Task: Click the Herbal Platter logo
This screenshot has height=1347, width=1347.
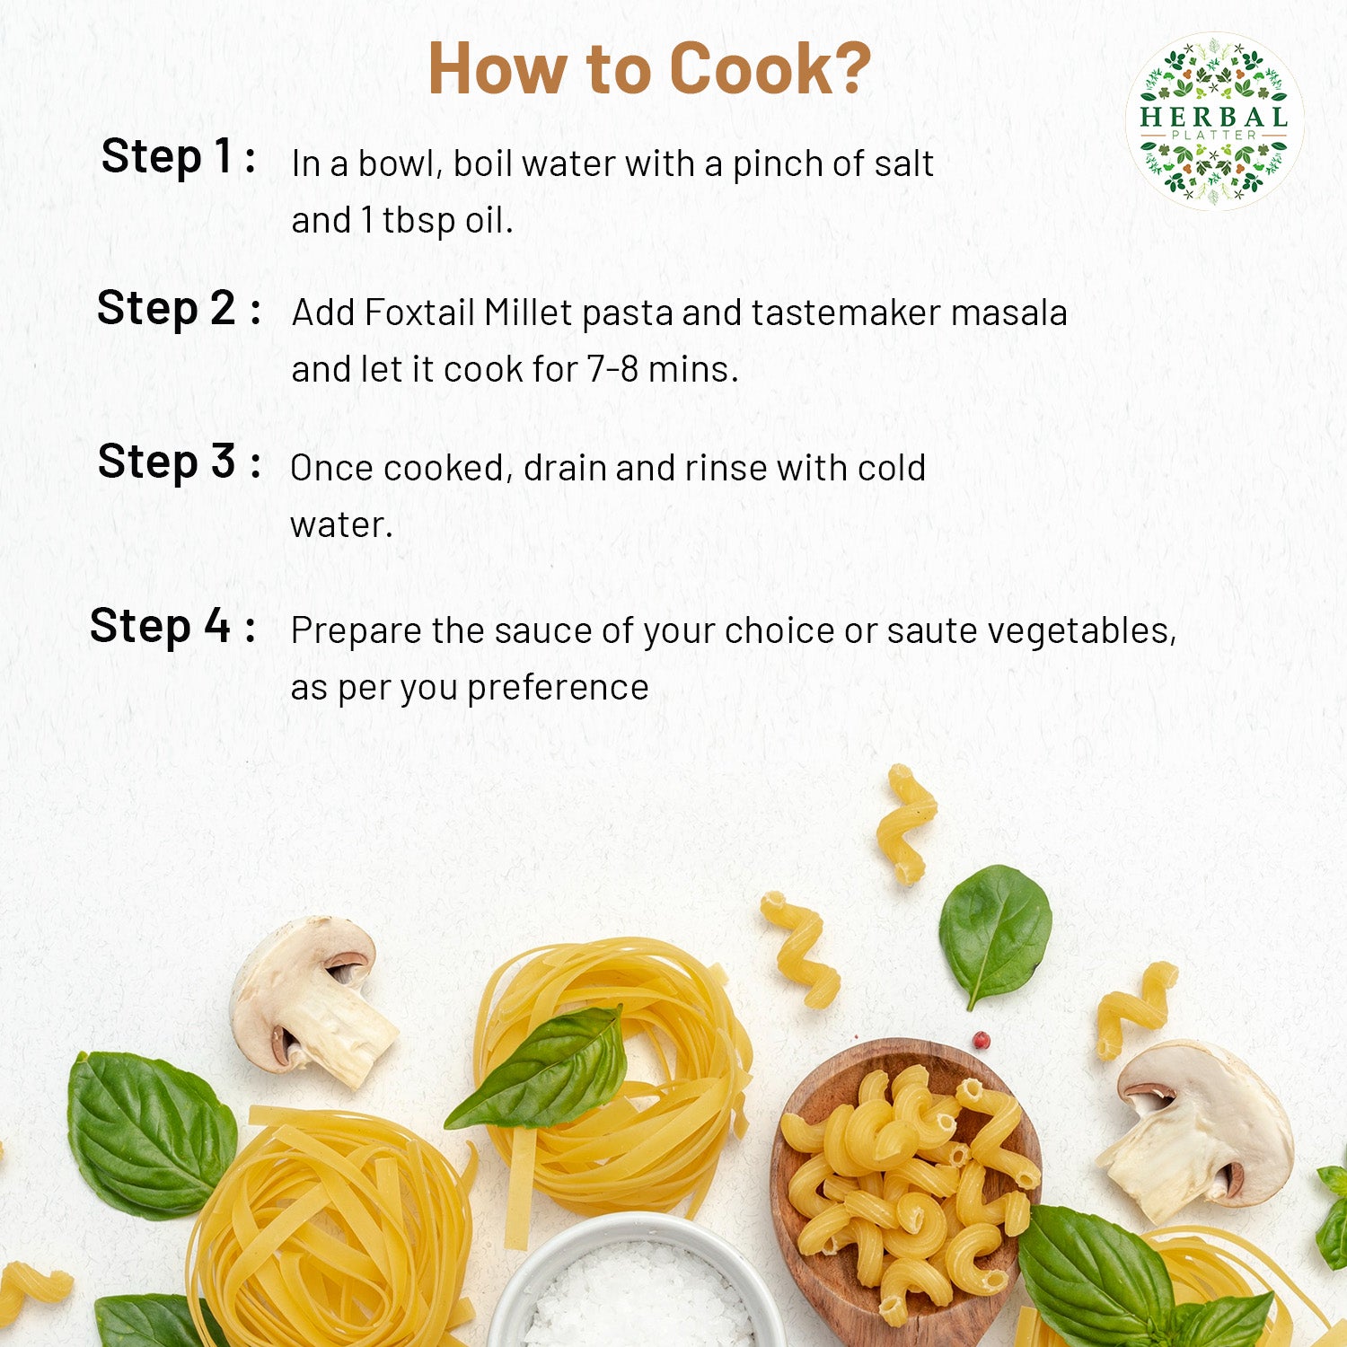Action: click(1214, 121)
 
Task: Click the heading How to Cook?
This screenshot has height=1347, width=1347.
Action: click(649, 68)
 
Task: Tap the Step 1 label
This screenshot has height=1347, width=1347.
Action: click(179, 157)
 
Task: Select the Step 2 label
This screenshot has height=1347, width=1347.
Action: click(179, 310)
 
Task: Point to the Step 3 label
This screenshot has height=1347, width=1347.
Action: click(180, 462)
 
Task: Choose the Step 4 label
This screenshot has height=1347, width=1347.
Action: click(172, 626)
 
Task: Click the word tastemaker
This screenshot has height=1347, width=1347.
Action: click(846, 313)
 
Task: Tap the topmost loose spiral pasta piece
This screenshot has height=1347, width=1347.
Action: click(905, 823)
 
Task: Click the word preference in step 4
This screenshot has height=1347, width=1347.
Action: click(558, 689)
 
